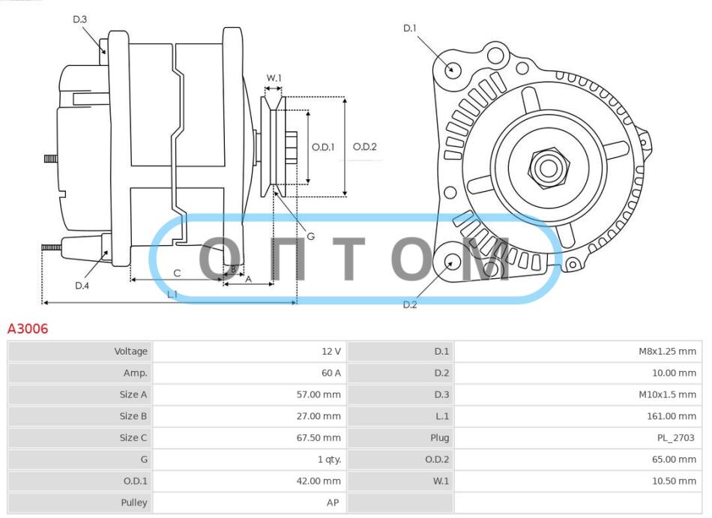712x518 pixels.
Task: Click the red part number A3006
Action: (x=28, y=328)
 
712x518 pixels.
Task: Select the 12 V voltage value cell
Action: (x=331, y=352)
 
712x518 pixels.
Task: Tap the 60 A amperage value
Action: (x=331, y=373)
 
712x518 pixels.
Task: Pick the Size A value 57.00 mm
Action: (x=319, y=394)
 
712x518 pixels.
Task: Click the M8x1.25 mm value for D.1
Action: (x=668, y=352)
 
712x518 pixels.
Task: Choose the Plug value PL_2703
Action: (x=676, y=438)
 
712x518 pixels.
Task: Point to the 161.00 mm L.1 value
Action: (x=672, y=416)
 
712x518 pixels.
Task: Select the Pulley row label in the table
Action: (x=134, y=503)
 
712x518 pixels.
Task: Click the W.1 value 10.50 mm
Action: (x=675, y=481)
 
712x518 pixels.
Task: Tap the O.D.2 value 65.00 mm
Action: (x=675, y=460)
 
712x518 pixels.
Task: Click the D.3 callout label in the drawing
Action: (x=80, y=19)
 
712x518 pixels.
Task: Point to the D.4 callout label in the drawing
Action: (x=82, y=286)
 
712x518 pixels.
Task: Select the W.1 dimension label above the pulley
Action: (x=274, y=78)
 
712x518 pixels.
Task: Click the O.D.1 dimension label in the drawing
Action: (x=323, y=147)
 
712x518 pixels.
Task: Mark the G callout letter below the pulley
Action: (x=310, y=236)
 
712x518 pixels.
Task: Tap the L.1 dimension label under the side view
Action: (x=172, y=294)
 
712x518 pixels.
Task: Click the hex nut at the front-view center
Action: (x=549, y=168)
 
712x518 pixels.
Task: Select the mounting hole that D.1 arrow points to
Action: (x=451, y=70)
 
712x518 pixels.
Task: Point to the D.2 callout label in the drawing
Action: (x=410, y=304)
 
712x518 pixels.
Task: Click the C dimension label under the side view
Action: (x=177, y=273)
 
